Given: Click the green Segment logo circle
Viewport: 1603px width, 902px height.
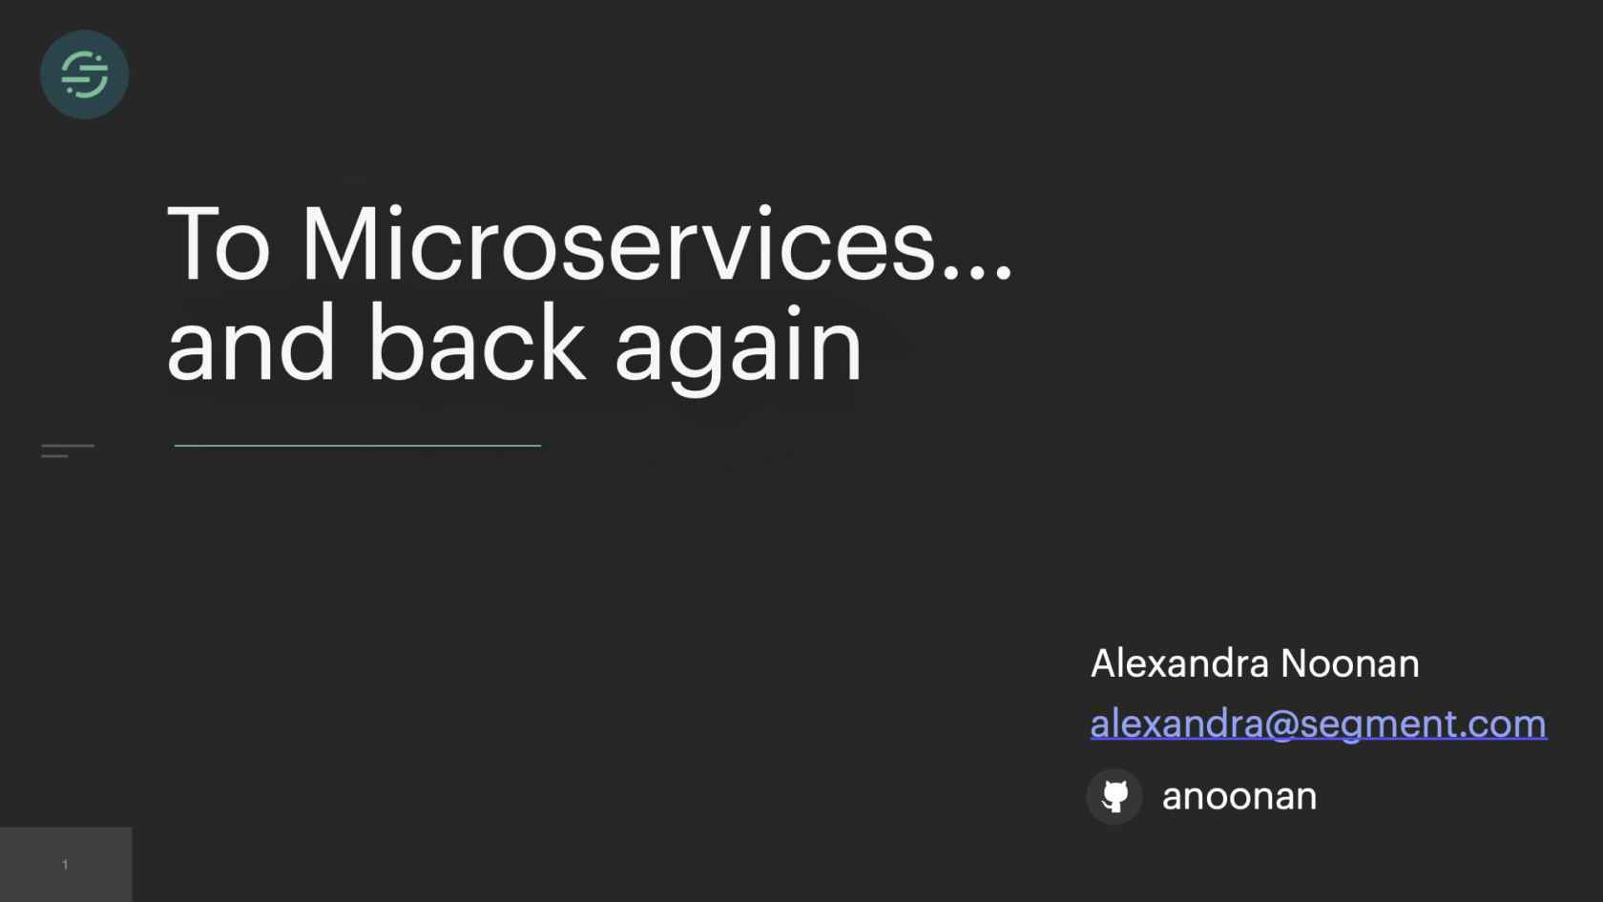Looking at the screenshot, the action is pos(84,74).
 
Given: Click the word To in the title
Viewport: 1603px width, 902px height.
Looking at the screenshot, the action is pos(219,243).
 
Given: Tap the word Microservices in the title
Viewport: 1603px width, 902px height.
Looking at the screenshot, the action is pos(618,243).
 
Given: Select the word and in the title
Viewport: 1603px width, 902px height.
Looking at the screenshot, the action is pos(250,342).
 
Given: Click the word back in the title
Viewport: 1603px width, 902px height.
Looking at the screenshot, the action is pos(477,342).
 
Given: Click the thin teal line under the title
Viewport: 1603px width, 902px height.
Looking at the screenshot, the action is pos(358,445).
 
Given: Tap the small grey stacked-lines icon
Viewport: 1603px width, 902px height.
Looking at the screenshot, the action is pos(67,451).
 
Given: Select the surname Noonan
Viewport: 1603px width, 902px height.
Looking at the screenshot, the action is pos(1349,662).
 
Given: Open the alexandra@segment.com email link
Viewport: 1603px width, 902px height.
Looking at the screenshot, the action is pos(1319,724).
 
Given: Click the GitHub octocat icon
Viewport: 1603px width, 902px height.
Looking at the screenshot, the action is pos(1114,797).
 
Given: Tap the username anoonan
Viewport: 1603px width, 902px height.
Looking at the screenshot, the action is pos(1239,797).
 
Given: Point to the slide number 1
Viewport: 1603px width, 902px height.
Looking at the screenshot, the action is pos(65,865).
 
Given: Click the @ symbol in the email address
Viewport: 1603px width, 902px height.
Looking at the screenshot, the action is pos(1280,724).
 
